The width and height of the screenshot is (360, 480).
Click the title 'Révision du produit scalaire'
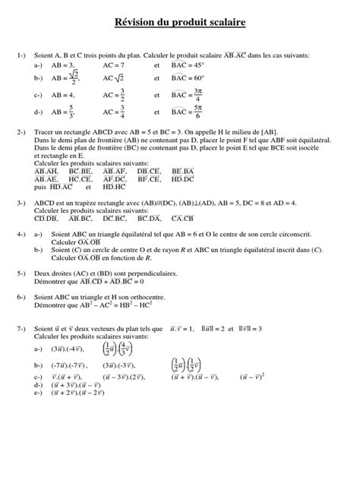180,24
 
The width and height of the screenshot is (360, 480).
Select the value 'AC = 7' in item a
113,66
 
